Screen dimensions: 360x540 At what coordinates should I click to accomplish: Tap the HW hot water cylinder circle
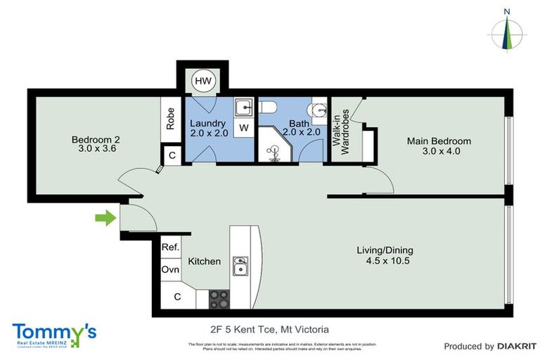(x=202, y=82)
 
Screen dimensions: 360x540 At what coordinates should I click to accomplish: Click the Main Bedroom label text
(x=439, y=146)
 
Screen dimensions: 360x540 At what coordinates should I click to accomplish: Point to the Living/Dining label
(x=385, y=255)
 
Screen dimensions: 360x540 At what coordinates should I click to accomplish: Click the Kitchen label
(x=204, y=262)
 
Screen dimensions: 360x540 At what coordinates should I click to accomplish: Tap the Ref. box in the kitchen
(x=171, y=247)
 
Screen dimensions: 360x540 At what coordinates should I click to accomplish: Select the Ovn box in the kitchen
(x=171, y=270)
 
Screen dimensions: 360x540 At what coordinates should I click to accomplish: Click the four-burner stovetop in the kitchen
(x=219, y=298)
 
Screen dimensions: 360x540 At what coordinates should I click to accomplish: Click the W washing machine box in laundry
(x=243, y=128)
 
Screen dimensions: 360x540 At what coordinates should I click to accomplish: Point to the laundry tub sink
(x=243, y=108)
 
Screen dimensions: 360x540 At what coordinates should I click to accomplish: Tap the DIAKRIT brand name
(x=517, y=346)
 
